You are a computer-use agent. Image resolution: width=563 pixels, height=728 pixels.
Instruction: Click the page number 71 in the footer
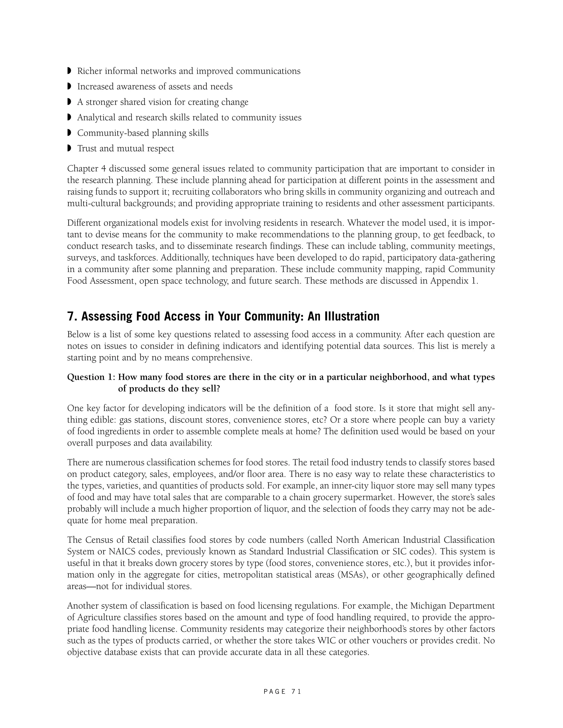coord(296,692)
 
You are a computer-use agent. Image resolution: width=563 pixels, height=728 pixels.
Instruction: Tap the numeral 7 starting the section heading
coord(70,316)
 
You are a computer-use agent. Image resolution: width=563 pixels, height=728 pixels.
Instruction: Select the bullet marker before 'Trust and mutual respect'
coord(69,148)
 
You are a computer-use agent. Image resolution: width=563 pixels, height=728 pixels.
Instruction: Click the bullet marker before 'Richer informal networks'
coord(69,71)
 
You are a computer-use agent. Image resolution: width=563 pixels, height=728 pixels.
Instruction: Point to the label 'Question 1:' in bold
coord(91,377)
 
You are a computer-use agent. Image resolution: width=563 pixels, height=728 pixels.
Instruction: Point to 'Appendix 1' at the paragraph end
coord(453,281)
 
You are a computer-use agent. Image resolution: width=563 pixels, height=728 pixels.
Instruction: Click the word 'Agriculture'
coord(99,617)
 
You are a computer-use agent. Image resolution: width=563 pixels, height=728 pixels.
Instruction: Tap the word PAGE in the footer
coord(275,692)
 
